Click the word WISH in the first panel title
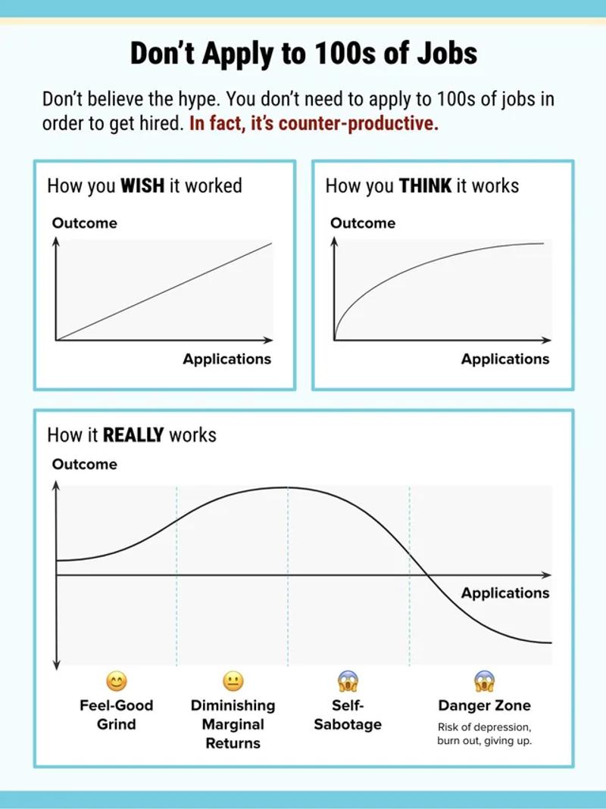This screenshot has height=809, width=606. click(x=142, y=186)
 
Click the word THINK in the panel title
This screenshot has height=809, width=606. click(x=425, y=186)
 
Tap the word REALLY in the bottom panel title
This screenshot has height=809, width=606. click(x=133, y=435)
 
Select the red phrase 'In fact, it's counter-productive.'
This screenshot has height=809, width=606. click(x=314, y=124)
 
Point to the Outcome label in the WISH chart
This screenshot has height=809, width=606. click(x=84, y=223)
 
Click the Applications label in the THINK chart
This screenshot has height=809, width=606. click(x=505, y=359)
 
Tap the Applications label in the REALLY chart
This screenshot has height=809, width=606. click(x=505, y=593)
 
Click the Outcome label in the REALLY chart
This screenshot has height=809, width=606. click(x=84, y=465)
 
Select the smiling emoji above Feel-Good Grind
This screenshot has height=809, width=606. click(x=116, y=681)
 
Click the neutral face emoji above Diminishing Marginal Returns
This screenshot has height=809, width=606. click(x=233, y=681)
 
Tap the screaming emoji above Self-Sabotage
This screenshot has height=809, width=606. click(x=348, y=681)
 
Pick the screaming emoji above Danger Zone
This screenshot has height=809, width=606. click(x=484, y=681)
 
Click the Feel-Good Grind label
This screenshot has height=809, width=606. click(x=116, y=714)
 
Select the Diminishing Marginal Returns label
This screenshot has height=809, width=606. click(x=233, y=724)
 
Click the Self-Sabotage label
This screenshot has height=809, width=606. click(x=348, y=714)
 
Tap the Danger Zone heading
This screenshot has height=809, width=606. click(x=484, y=705)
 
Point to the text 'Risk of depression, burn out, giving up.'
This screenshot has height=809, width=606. click(x=484, y=734)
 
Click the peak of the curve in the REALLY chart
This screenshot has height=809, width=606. click(x=288, y=487)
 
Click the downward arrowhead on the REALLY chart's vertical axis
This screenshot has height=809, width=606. click(x=56, y=664)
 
